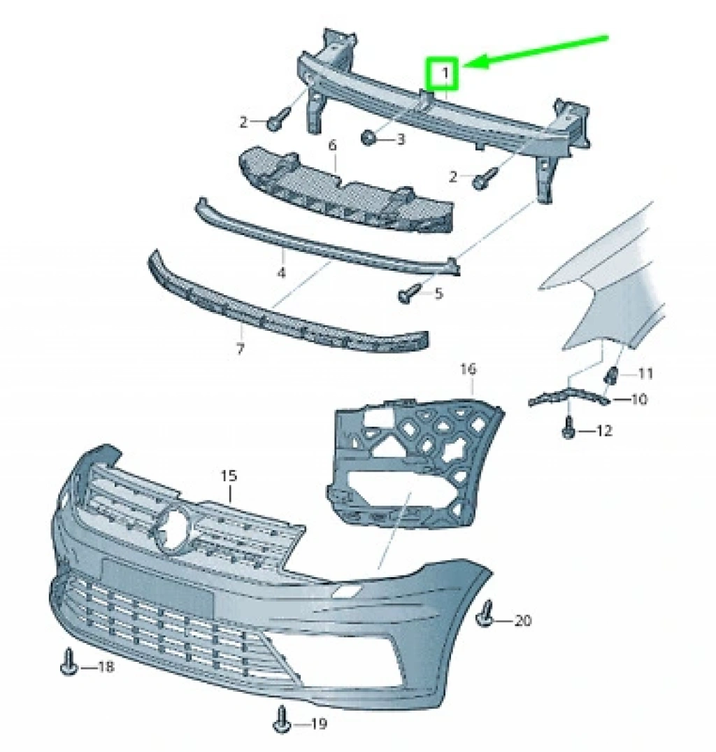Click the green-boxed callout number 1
[x=445, y=74]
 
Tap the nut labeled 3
[x=368, y=138]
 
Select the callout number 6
[x=333, y=145]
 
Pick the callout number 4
[x=281, y=273]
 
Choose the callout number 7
[x=241, y=348]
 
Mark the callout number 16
[x=468, y=369]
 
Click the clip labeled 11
[x=612, y=374]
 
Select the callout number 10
[x=639, y=399]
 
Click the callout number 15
[x=229, y=476]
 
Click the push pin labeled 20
[x=485, y=614]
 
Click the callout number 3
[x=401, y=140]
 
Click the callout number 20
[x=523, y=620]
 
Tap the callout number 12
[x=603, y=431]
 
